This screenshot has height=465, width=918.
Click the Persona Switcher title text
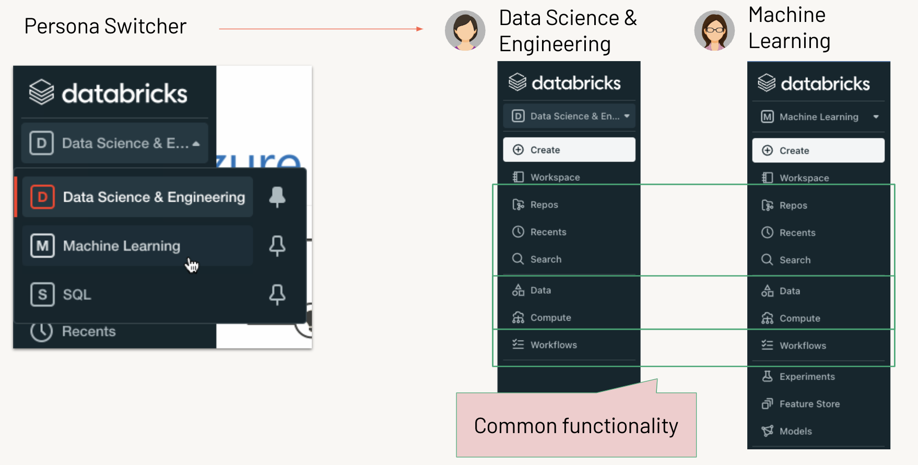tap(105, 26)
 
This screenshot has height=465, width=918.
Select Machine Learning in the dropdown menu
tap(121, 246)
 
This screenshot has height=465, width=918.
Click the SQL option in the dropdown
tap(77, 295)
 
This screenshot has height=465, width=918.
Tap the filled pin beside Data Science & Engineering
tap(277, 197)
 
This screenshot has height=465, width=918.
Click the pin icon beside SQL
tap(277, 295)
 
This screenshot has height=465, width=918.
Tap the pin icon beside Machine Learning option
tap(277, 246)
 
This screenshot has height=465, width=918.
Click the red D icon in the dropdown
tap(42, 197)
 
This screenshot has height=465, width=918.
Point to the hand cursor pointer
tap(192, 265)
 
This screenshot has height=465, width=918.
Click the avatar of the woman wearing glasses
tap(714, 31)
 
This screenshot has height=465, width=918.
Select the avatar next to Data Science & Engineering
tap(465, 31)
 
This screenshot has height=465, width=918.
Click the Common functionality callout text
tap(576, 426)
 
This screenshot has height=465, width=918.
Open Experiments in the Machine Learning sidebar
tap(807, 377)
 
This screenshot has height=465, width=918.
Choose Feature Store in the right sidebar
tap(809, 404)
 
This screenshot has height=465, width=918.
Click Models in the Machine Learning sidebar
tap(795, 431)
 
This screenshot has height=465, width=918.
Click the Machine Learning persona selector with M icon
tap(818, 117)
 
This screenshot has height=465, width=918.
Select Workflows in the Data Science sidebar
tap(554, 345)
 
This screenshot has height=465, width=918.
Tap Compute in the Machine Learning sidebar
tap(799, 318)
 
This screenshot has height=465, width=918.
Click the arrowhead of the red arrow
tap(420, 29)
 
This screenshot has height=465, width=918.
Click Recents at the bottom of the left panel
tap(88, 331)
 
